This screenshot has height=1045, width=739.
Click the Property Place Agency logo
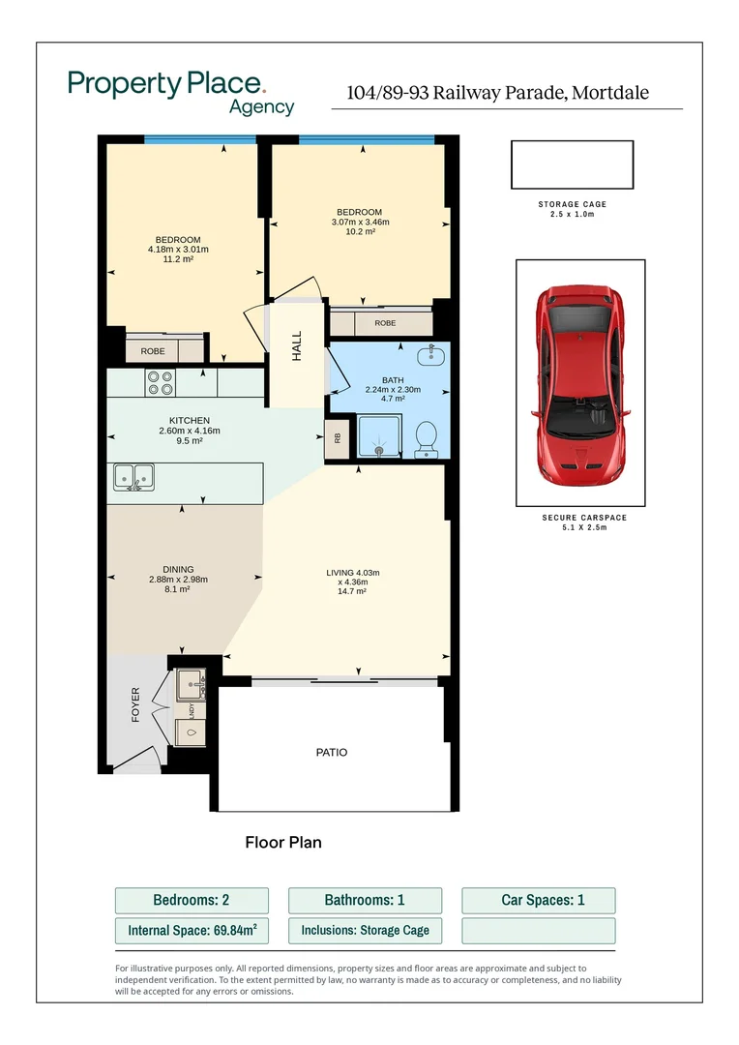[181, 93]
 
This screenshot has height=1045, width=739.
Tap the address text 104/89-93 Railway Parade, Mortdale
[498, 93]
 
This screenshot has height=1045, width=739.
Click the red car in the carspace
[580, 385]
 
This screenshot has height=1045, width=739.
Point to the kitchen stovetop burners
[161, 383]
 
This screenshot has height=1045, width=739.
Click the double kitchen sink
[133, 477]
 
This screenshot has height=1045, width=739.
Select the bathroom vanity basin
[431, 355]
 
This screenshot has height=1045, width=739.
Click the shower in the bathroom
[379, 435]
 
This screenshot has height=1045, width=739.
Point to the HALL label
[297, 345]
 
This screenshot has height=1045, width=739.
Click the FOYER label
[136, 705]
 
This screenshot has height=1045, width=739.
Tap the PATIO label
[332, 753]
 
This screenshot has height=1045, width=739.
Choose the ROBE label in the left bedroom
[153, 351]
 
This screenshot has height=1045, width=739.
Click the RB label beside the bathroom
[338, 438]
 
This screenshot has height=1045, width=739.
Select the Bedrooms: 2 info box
[192, 901]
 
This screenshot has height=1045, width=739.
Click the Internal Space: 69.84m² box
[192, 931]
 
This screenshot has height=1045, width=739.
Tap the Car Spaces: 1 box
[539, 901]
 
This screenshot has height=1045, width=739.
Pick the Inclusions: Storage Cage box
[366, 931]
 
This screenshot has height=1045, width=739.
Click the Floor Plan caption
[283, 843]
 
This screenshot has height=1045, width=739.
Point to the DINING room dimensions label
[178, 580]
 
